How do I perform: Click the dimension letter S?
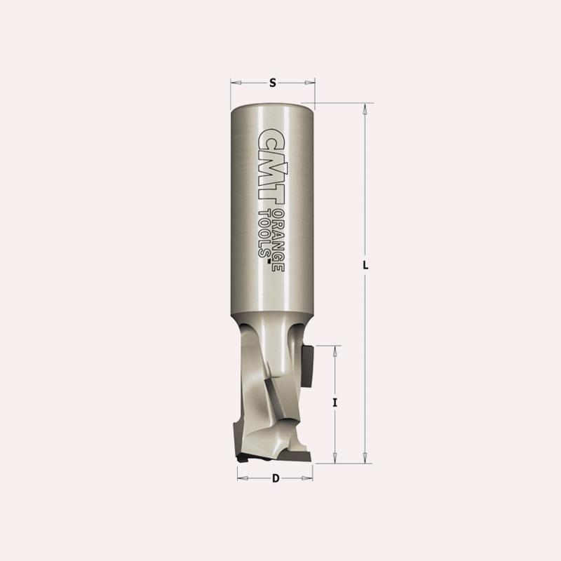pyautogui.click(x=273, y=83)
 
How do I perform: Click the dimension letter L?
pyautogui.click(x=365, y=266)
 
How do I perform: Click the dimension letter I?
pyautogui.click(x=335, y=403)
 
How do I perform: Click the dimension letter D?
pyautogui.click(x=276, y=478)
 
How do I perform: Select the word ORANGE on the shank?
pyautogui.click(x=278, y=241)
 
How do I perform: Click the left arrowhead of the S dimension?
pyautogui.click(x=236, y=83)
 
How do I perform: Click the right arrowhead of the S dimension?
pyautogui.click(x=310, y=83)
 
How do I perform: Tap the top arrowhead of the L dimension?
pyautogui.click(x=365, y=109)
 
